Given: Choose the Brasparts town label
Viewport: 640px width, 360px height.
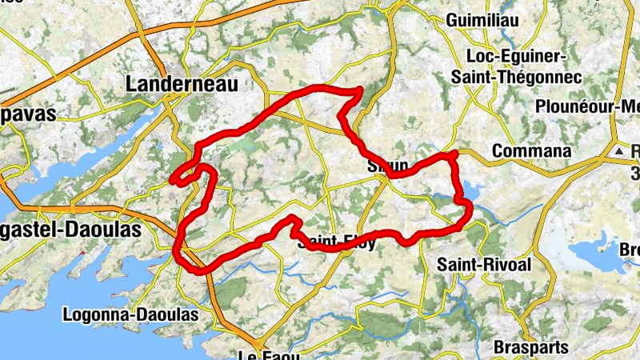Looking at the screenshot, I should click(x=531, y=347).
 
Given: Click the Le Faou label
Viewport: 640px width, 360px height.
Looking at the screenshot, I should click(x=263, y=354).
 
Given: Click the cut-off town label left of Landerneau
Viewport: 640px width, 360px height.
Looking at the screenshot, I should click(x=28, y=113).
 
